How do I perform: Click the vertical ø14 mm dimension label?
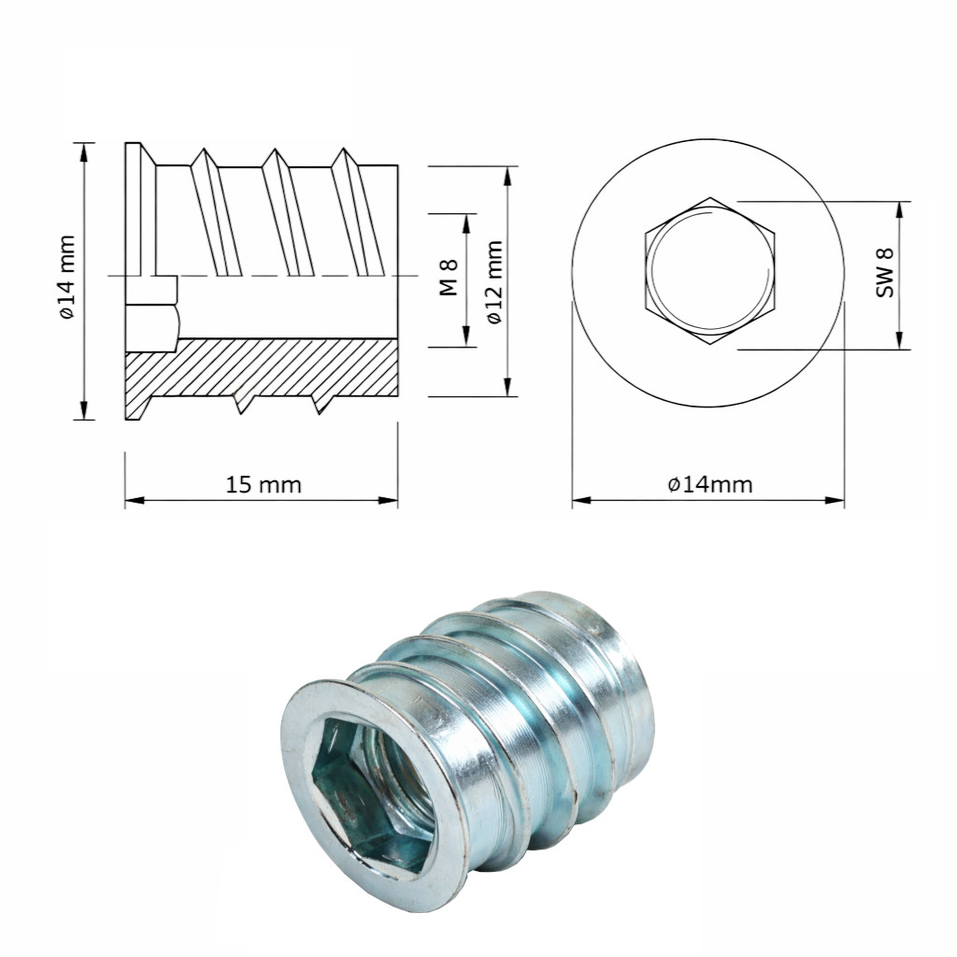(67, 277)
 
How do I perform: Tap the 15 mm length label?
(264, 485)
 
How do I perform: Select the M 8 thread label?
(449, 277)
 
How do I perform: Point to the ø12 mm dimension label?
(495, 282)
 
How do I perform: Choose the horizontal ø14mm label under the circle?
(710, 485)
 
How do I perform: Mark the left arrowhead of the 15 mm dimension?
(135, 501)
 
